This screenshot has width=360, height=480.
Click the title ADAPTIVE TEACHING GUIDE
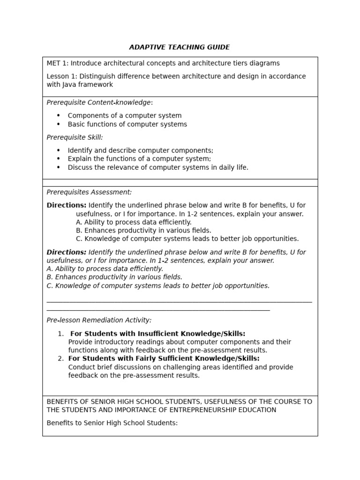[x=180, y=47]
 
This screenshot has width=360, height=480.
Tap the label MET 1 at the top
[x=57, y=63]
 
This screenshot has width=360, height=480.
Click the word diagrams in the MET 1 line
[x=264, y=63]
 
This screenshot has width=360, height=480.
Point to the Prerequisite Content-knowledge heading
[x=99, y=103]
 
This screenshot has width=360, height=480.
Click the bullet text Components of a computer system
[x=125, y=116]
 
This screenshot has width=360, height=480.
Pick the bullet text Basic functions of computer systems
[x=127, y=124]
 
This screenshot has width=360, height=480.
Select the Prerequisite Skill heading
[x=75, y=137]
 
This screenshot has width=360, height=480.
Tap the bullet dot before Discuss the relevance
[x=59, y=167]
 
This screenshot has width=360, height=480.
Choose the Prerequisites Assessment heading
[x=89, y=192]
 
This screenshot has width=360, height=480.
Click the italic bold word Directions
[x=66, y=252]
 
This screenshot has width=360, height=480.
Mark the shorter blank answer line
[x=158, y=310]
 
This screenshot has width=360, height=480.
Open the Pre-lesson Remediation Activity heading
[x=99, y=320]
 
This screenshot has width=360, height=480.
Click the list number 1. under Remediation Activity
[x=61, y=334]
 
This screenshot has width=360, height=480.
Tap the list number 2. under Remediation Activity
[x=61, y=359]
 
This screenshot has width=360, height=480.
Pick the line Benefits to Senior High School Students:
[x=112, y=423]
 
